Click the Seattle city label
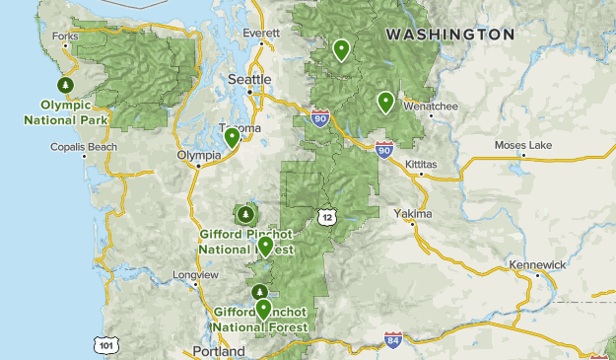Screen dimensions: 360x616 click(x=249, y=79)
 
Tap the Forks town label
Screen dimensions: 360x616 click(x=66, y=36)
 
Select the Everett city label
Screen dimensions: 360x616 click(x=261, y=32)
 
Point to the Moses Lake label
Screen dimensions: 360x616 click(x=523, y=146)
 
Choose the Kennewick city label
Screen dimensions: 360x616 click(x=538, y=265)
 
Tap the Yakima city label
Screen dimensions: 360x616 click(x=412, y=213)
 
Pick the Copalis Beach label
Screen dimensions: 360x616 click(x=84, y=147)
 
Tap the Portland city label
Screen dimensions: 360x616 click(x=220, y=351)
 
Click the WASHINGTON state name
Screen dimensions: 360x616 click(x=449, y=34)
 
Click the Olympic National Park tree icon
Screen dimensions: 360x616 click(x=66, y=86)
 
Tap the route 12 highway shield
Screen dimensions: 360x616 click(x=326, y=216)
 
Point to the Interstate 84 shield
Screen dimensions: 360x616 click(x=393, y=340)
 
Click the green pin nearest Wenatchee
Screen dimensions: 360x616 click(x=385, y=101)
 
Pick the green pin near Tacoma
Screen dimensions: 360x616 click(x=232, y=137)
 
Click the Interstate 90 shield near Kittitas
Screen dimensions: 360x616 click(x=383, y=150)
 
